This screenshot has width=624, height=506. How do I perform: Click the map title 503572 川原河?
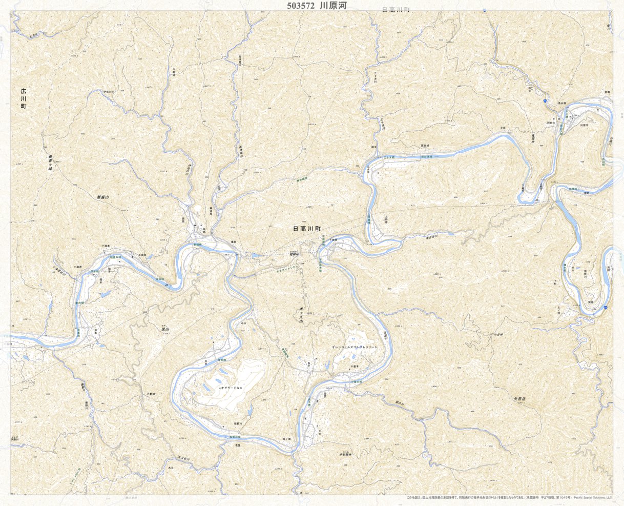(x=318, y=6)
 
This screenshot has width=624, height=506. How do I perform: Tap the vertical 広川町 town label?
(x=23, y=98)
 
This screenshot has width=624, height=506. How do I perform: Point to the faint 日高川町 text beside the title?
(x=396, y=10)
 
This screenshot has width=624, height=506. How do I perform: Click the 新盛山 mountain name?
(x=102, y=197)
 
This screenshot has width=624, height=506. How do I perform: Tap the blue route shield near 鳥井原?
(x=545, y=102)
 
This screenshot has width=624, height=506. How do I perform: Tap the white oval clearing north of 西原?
(x=197, y=209)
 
